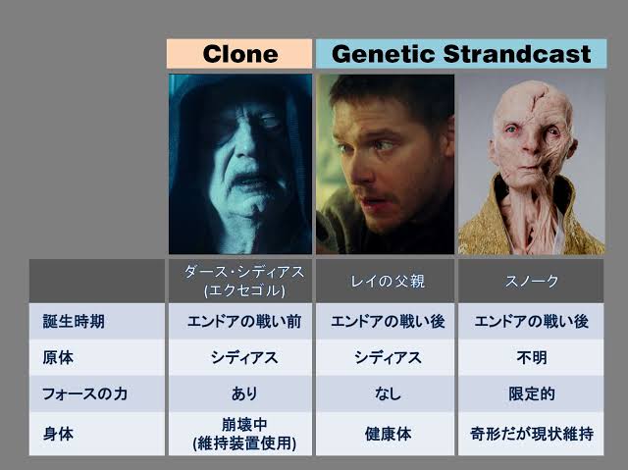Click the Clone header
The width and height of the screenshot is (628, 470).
[x=239, y=54]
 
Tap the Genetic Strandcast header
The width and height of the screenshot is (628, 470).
[x=461, y=54]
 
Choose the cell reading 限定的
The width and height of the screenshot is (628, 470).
[x=531, y=393]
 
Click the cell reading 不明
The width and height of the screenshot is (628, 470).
[x=531, y=357]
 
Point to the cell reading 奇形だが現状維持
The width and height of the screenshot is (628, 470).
[x=531, y=434]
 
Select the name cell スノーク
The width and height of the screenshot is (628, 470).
[x=531, y=281]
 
